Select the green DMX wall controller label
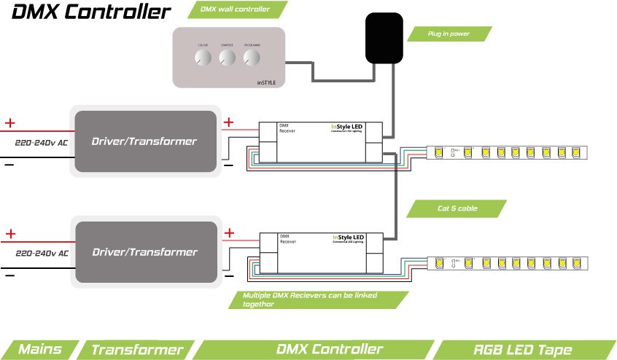pos(238,9)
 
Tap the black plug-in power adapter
pos(384,39)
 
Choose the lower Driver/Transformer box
pos(144,252)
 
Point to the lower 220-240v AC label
pos(42,254)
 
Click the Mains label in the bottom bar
pos(39,350)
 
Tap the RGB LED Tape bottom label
pos(524,350)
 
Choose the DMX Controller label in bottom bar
pos(330,350)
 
